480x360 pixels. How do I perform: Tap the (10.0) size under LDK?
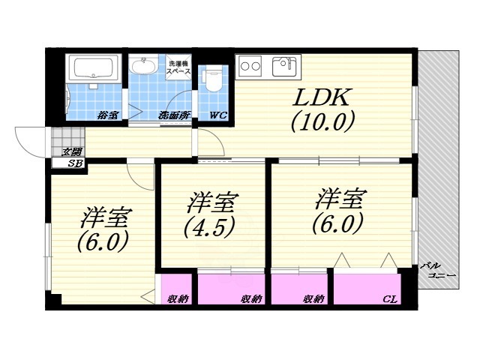click(322, 121)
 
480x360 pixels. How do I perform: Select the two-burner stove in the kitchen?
click(250, 66)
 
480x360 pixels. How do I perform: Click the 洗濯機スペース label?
click(179, 67)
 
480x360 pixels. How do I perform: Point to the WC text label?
click(218, 115)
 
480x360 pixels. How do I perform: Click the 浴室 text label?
click(107, 115)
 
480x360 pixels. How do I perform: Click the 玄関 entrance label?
click(72, 152)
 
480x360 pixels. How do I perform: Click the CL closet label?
click(389, 299)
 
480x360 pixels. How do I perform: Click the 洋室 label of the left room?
click(106, 218)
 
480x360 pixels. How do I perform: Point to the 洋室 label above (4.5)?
click(212, 201)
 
